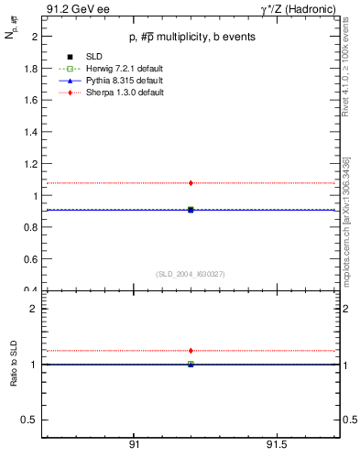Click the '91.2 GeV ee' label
[71, 9]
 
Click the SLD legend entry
[85, 58]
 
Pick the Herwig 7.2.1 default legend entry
[109, 70]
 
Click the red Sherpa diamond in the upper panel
[191, 183]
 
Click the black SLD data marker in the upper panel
[191, 210]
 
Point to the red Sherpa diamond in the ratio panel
[191, 350]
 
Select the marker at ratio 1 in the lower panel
[191, 364]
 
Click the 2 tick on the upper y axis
[33, 38]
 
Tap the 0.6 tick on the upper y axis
[30, 259]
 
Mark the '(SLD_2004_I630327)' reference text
[191, 273]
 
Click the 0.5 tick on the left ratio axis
[30, 420]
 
